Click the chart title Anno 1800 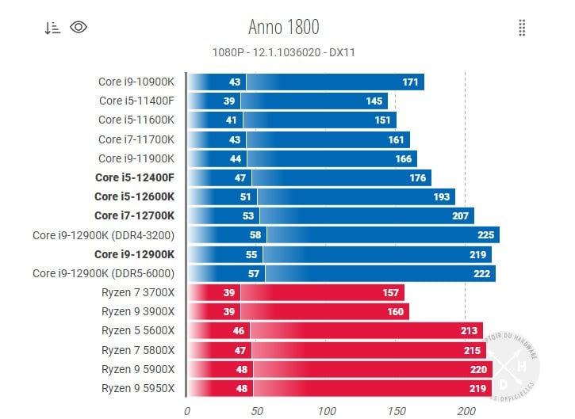[284, 27]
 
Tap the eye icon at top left [79, 27]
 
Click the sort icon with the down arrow [52, 28]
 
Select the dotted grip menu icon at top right [522, 28]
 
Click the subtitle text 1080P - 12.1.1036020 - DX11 [284, 52]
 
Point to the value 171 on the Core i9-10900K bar [410, 82]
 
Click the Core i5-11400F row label [136, 101]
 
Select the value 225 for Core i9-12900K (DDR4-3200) [485, 235]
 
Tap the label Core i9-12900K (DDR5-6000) [103, 273]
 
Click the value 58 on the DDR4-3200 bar [255, 235]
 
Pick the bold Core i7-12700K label [135, 216]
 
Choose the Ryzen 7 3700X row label [138, 293]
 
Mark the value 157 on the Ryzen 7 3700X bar [390, 293]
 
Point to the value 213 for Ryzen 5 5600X [469, 331]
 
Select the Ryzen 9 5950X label [138, 388]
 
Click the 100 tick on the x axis [326, 410]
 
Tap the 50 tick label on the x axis [256, 410]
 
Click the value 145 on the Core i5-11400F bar [374, 101]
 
